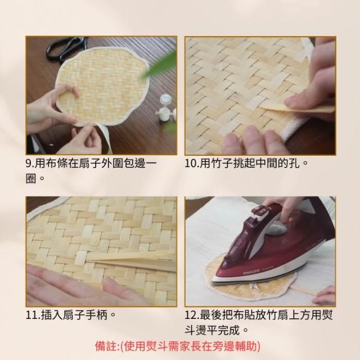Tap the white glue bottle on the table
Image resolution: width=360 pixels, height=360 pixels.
pos(166,107)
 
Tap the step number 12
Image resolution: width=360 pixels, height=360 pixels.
pos(192,315)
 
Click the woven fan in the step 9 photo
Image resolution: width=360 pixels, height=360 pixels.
pos(102,86)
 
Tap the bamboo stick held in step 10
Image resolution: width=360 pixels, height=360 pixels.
pos(299,108)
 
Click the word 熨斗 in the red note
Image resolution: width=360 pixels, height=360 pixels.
pos(157,346)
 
